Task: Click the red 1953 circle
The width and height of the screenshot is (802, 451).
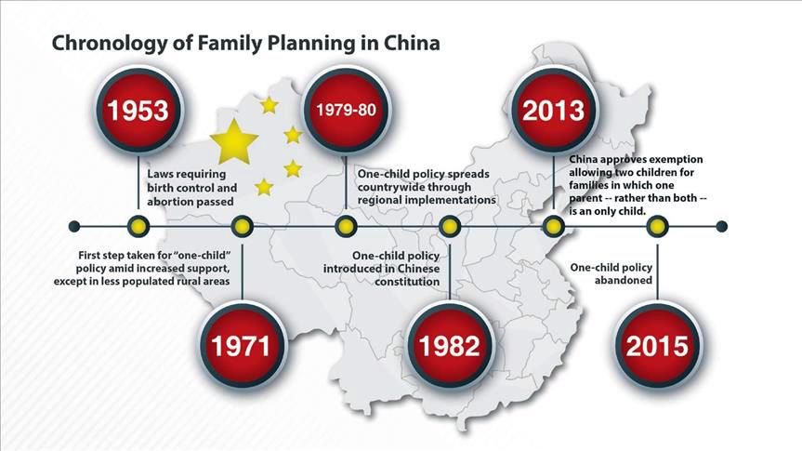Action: pyautogui.click(x=138, y=110)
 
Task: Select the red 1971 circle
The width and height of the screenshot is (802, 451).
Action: pyautogui.click(x=242, y=346)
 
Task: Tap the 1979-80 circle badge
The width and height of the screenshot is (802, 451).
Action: pyautogui.click(x=346, y=110)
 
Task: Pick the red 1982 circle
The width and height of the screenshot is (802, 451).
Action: pyautogui.click(x=450, y=346)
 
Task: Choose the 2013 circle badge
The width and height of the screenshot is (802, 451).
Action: pyautogui.click(x=554, y=110)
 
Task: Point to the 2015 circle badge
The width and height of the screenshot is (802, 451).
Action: pyautogui.click(x=658, y=346)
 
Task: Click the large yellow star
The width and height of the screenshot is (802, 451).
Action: pyautogui.click(x=234, y=141)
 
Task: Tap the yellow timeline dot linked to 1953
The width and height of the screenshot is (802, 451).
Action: pyautogui.click(x=138, y=226)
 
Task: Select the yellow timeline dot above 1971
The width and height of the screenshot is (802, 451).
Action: pyautogui.click(x=242, y=226)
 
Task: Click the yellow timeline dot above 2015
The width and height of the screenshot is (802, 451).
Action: pyautogui.click(x=658, y=226)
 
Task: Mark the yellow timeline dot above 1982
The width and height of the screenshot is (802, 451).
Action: pyautogui.click(x=450, y=226)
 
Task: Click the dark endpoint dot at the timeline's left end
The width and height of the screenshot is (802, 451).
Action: pyautogui.click(x=74, y=226)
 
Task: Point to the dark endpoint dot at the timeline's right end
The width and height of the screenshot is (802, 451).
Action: pyautogui.click(x=722, y=226)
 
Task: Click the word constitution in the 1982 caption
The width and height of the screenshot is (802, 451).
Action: pyautogui.click(x=407, y=282)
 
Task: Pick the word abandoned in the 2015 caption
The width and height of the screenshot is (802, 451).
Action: pyautogui.click(x=623, y=280)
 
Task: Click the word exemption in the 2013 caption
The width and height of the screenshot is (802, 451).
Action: pyautogui.click(x=678, y=159)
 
